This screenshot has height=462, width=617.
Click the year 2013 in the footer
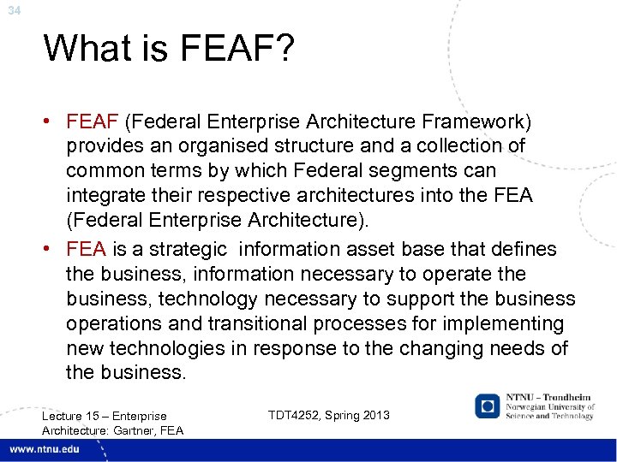(374, 415)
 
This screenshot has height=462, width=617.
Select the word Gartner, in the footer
(133, 429)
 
